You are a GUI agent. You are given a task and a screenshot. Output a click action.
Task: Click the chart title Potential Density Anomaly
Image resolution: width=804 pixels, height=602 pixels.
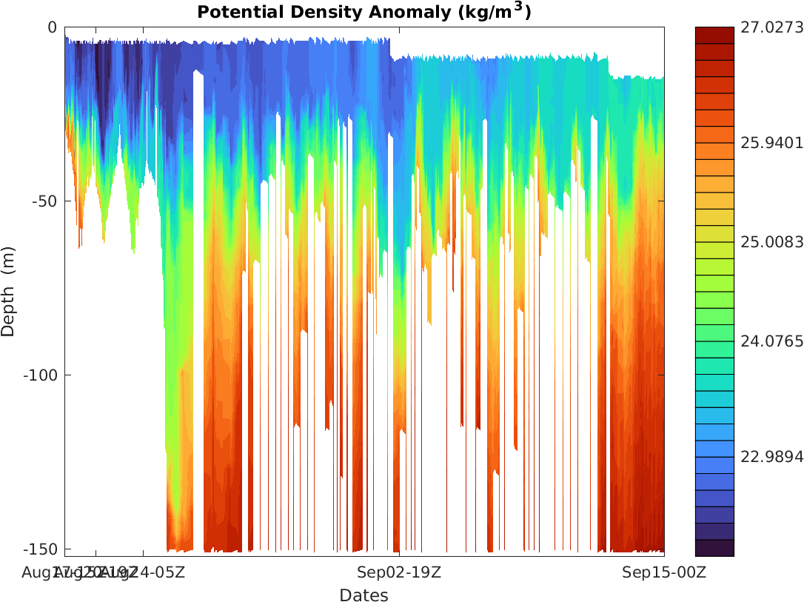coord(364,13)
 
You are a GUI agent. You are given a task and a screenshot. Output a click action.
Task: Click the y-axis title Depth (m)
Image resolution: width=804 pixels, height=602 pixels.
coord(8,292)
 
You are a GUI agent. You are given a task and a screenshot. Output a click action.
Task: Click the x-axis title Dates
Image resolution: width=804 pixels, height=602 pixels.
coord(364,595)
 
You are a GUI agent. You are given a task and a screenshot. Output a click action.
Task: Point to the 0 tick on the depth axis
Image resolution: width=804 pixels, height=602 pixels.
coord(52,27)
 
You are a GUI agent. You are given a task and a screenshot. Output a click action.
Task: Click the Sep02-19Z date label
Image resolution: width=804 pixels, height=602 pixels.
coord(399,572)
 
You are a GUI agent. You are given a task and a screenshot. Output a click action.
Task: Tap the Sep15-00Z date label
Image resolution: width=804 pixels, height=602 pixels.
coord(664,572)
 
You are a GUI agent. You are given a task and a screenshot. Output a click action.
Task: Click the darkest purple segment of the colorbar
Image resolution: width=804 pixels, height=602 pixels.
coord(714,548)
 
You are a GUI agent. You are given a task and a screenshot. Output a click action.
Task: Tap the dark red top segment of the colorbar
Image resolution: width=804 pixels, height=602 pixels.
coord(714,35)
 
